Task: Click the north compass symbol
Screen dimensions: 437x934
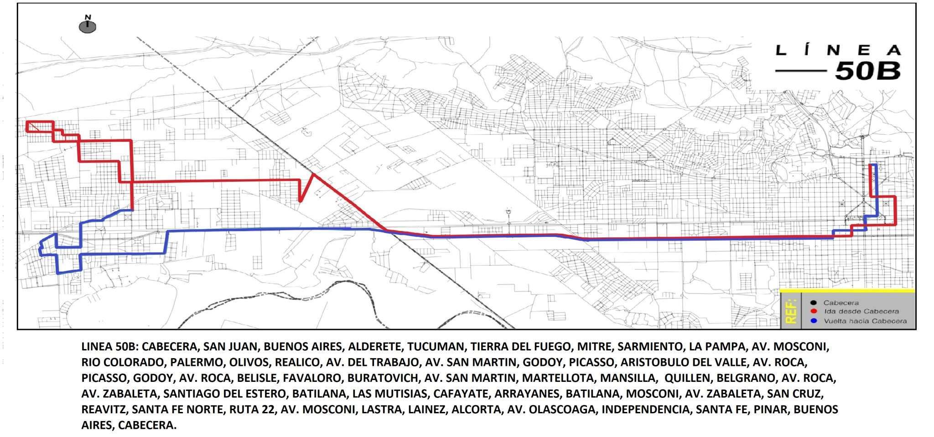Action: click(88, 26)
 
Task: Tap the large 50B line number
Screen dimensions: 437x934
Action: click(867, 71)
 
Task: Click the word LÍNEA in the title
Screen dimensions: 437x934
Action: click(838, 50)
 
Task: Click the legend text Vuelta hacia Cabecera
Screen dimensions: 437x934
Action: click(865, 321)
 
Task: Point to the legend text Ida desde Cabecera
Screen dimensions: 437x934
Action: click(861, 311)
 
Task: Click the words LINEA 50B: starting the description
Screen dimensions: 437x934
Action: click(110, 347)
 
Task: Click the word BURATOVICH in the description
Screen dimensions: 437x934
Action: click(383, 378)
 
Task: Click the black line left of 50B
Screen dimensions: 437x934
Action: click(801, 71)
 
